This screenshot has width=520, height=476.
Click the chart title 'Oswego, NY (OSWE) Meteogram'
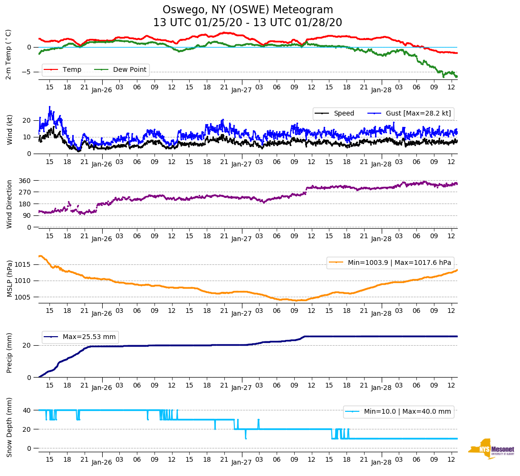point(248,10)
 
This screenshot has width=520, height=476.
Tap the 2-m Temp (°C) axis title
point(8,54)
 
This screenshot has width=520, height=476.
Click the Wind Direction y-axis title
point(9,204)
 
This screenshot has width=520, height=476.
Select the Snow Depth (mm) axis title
point(9,427)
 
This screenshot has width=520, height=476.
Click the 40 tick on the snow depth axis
point(28,410)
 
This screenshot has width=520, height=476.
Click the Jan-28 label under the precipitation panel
point(381,388)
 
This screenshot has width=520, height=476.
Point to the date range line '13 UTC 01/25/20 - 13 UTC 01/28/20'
point(248,23)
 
